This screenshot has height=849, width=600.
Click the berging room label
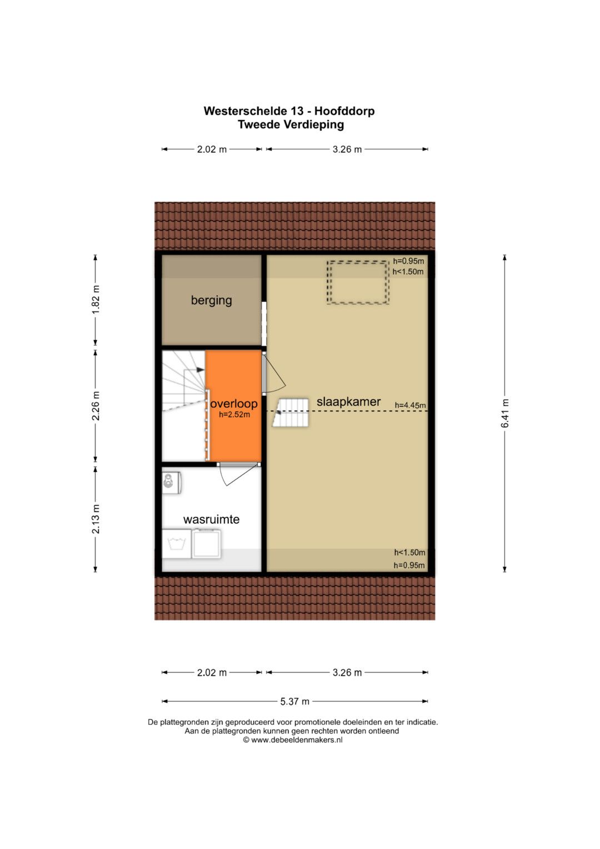click(211, 301)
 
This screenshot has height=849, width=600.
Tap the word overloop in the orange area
click(234, 404)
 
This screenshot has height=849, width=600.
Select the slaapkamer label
click(348, 402)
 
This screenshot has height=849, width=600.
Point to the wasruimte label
click(211, 519)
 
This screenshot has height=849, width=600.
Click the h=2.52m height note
click(234, 415)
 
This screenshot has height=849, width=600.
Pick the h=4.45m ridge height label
click(410, 405)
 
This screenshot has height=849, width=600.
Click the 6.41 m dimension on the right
click(504, 413)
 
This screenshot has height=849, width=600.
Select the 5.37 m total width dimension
click(294, 702)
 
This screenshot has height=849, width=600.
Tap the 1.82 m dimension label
click(96, 300)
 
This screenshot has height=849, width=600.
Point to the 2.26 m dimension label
click(96, 406)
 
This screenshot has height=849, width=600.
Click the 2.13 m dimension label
click(96, 519)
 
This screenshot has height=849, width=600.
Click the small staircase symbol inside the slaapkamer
click(291, 413)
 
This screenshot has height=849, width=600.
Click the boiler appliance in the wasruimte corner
click(171, 483)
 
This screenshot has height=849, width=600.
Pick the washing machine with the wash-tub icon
click(177, 544)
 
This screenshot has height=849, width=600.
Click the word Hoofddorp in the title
click(344, 111)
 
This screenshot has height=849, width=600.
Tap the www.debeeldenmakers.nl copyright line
click(292, 739)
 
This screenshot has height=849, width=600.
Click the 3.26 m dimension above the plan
click(347, 150)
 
